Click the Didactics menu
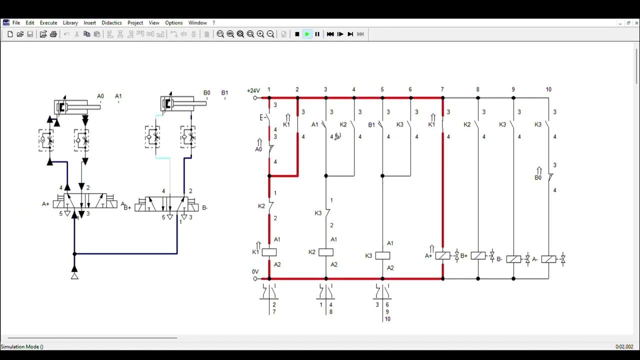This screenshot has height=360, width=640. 111,22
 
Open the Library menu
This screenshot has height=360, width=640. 70,22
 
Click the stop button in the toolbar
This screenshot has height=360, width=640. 297,34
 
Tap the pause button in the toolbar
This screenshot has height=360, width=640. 317,34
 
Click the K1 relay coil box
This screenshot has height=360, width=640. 269,252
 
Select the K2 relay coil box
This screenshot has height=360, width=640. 326,252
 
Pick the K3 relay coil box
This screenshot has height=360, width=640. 382,255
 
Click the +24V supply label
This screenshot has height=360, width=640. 253,90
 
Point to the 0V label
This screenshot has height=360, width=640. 255,272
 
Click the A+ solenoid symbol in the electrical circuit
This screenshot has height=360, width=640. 442,256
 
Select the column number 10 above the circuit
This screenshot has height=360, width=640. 548,89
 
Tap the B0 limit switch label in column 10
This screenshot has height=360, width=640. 538,177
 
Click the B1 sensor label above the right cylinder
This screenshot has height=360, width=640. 224,92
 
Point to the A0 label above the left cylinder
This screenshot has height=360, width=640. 100,96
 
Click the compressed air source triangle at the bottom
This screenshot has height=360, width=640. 74,274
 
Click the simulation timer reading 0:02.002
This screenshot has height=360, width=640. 624,346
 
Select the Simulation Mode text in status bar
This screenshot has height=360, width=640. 22,346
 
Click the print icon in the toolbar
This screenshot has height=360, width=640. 53,34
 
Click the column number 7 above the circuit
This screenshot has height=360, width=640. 442,89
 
